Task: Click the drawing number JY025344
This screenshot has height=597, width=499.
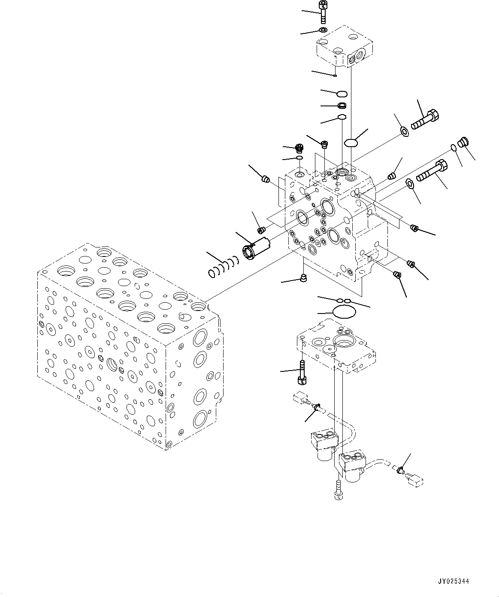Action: click(453, 582)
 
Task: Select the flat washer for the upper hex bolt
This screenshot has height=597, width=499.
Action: click(404, 131)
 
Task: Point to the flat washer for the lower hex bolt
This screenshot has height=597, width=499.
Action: click(410, 184)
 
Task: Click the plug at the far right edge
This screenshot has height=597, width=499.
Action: click(464, 142)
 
